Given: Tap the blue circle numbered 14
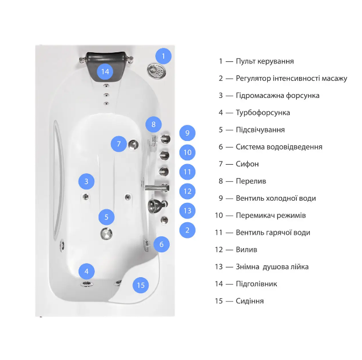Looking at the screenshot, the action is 105,71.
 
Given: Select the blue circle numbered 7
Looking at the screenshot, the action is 119,144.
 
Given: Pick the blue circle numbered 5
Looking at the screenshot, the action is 107,217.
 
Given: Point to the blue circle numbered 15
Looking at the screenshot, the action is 141,285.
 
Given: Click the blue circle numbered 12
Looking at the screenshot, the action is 187,190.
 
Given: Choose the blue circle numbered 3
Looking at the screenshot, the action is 86,181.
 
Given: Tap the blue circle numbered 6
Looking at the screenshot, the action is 161,244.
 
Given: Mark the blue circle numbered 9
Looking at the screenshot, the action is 187,132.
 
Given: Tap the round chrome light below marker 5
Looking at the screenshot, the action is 106,234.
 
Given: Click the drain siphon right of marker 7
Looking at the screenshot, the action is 133,144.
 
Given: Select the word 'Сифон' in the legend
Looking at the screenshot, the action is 247,164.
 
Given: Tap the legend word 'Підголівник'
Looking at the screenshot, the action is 256,284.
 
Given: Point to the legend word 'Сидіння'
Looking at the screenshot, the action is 249,301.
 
